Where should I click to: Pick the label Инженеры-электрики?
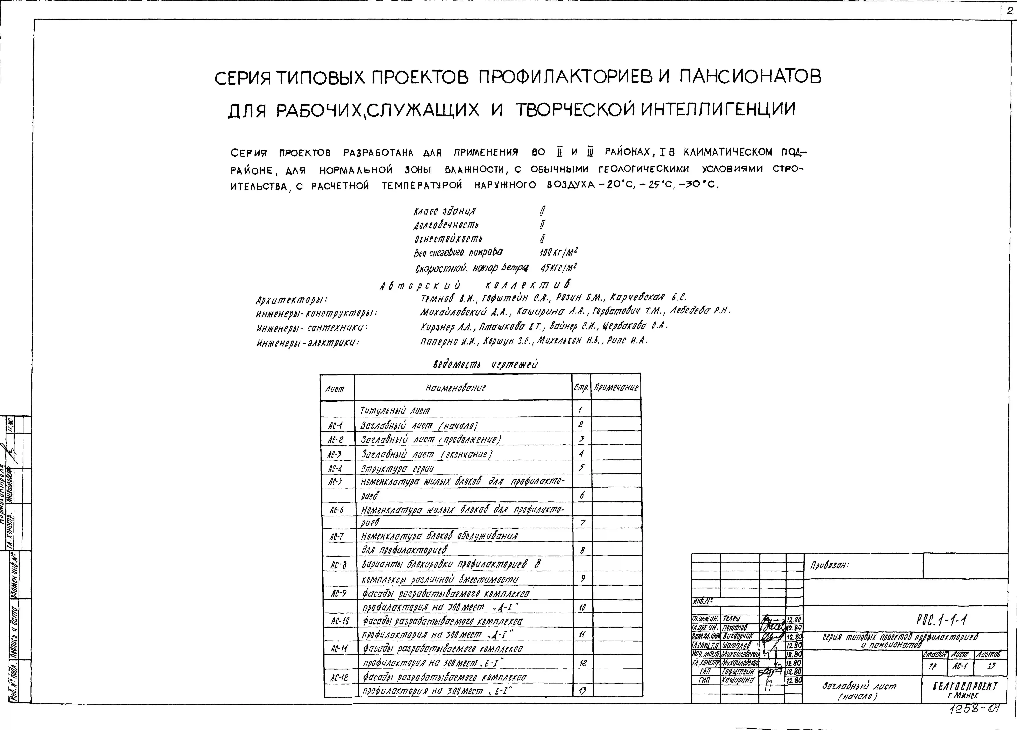[x=308, y=343]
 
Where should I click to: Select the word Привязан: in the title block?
[x=830, y=566]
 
